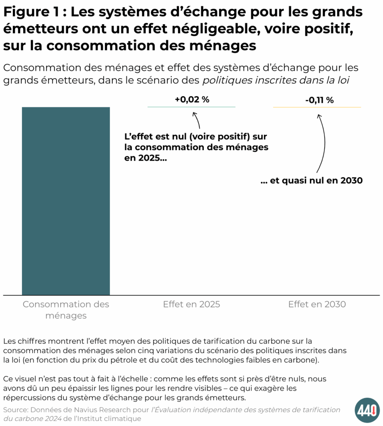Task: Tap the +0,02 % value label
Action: pos(191,100)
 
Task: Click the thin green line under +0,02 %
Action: pos(191,107)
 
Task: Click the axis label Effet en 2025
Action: pos(191,305)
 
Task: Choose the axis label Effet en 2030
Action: pos(316,305)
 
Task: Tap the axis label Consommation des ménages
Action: pos(66,310)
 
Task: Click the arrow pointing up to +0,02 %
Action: pos(197,121)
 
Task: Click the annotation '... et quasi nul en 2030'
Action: pos(311,181)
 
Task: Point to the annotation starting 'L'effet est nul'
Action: pos(195,147)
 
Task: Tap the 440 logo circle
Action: pos(367,410)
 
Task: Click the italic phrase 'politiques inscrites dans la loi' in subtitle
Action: pos(275,80)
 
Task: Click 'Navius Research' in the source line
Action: pos(96,410)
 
